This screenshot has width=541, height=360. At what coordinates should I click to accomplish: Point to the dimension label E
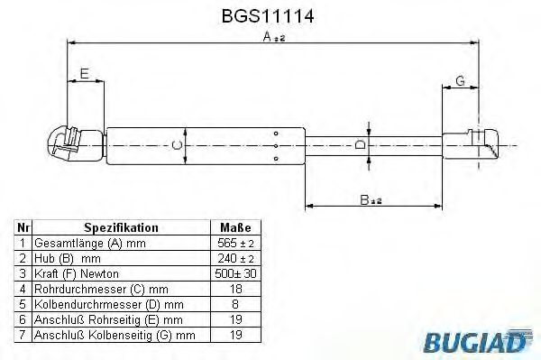point(85,74)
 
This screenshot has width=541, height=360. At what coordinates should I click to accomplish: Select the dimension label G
point(460,81)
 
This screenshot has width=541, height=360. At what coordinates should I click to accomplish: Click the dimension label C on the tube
point(178,143)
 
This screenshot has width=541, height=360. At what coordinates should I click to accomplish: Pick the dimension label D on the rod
point(360,144)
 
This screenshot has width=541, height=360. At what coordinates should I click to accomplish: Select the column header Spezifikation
point(121,228)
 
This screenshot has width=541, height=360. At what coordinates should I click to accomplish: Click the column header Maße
point(235,228)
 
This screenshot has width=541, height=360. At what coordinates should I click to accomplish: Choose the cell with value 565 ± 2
point(235,244)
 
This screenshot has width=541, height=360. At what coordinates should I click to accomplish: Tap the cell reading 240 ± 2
point(235,258)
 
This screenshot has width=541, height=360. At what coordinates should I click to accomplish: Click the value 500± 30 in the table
point(235,273)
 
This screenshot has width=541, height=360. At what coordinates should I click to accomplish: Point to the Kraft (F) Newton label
point(76,273)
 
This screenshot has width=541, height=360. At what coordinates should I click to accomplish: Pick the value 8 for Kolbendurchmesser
point(235,304)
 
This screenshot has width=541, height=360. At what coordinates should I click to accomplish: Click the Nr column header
point(23,228)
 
